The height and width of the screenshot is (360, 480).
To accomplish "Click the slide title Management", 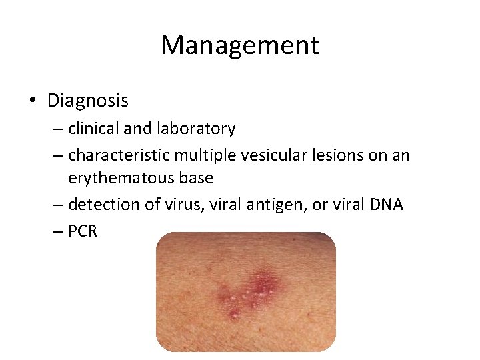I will coord(240,45).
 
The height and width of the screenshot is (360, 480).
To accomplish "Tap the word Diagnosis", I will coord(88,101).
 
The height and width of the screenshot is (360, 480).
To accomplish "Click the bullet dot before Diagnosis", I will coord(33,101).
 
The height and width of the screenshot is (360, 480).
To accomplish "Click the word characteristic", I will coord(119,155).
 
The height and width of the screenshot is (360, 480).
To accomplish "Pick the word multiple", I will coord(201,155).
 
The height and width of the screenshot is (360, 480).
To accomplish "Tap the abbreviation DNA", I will coord(385,203).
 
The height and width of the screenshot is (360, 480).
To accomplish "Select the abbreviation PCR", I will coord(83,231).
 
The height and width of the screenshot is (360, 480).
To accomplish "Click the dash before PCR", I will coord(57,231).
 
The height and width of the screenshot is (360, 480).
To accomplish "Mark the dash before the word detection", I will coord(57,204).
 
